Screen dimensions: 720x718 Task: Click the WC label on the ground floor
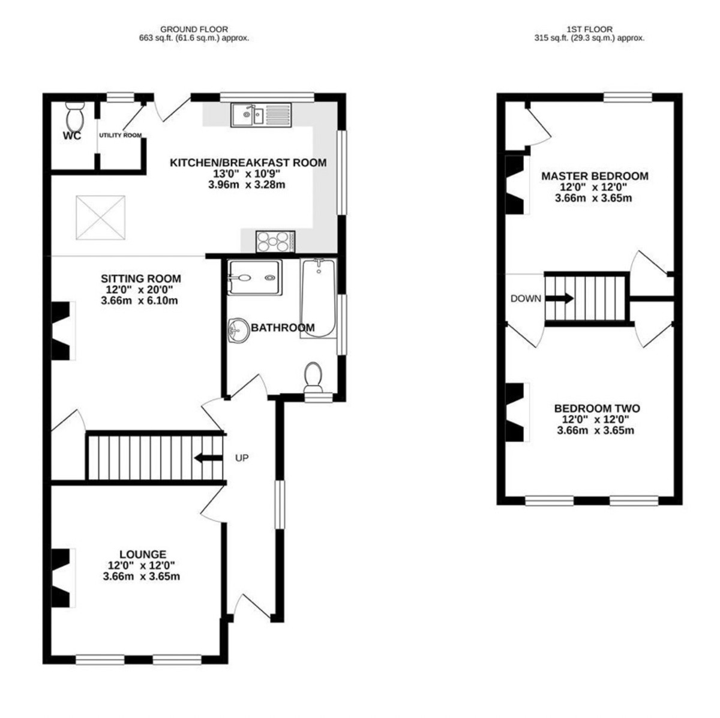(72, 136)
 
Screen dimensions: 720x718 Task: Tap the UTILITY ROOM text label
(120, 135)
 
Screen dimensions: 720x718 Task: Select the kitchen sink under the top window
(261, 115)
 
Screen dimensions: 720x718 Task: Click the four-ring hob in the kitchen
(275, 241)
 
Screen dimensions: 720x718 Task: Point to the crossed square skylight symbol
(101, 217)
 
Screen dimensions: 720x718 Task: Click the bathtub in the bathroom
(319, 298)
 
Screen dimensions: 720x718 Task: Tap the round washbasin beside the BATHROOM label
(238, 331)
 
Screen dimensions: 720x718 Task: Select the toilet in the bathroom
(313, 377)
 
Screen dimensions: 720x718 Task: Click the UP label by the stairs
(242, 458)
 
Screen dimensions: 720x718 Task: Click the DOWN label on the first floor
(526, 298)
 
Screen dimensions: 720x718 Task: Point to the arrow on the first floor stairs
(559, 298)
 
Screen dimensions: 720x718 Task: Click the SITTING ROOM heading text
(141, 279)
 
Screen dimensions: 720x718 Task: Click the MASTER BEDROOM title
(595, 176)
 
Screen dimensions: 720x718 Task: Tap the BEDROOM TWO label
(597, 408)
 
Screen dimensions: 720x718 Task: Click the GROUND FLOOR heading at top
(194, 29)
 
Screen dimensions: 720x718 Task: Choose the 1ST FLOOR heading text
(590, 29)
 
